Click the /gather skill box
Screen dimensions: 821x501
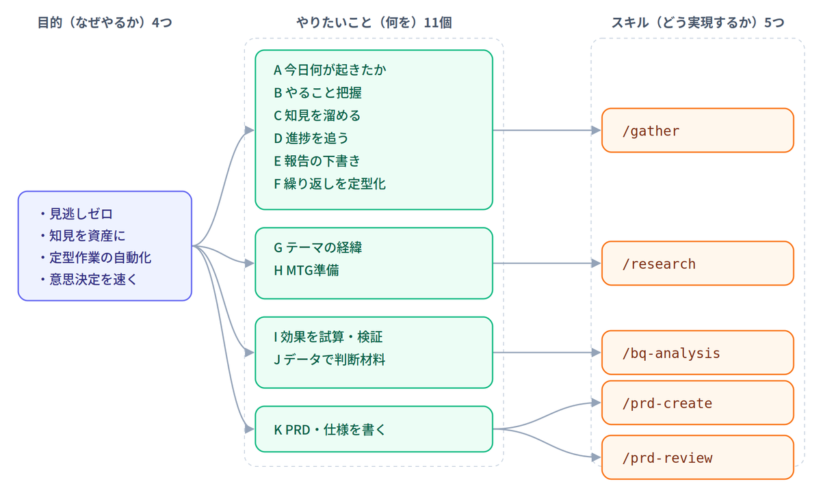click(697, 131)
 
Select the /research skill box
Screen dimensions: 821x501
click(697, 263)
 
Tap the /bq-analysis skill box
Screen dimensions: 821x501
click(697, 353)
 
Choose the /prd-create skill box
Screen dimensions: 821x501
click(697, 403)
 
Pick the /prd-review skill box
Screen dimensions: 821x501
click(697, 457)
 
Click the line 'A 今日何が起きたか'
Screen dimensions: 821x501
click(330, 70)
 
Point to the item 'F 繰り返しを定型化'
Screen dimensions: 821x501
click(330, 184)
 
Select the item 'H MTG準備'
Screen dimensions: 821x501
click(307, 270)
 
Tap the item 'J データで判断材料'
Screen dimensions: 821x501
click(330, 360)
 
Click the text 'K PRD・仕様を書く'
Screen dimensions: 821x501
click(330, 430)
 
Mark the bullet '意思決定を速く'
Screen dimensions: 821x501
click(89, 280)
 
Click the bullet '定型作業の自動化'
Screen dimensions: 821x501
click(96, 258)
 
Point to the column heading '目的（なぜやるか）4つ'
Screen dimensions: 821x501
click(105, 23)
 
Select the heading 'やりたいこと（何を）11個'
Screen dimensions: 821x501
click(374, 23)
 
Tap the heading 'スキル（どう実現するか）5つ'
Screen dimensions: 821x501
click(698, 23)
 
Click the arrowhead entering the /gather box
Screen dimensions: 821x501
click(597, 131)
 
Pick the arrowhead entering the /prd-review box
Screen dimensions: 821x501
click(597, 457)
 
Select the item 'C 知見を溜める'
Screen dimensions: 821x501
click(317, 116)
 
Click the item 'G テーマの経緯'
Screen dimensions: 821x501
click(317, 247)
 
